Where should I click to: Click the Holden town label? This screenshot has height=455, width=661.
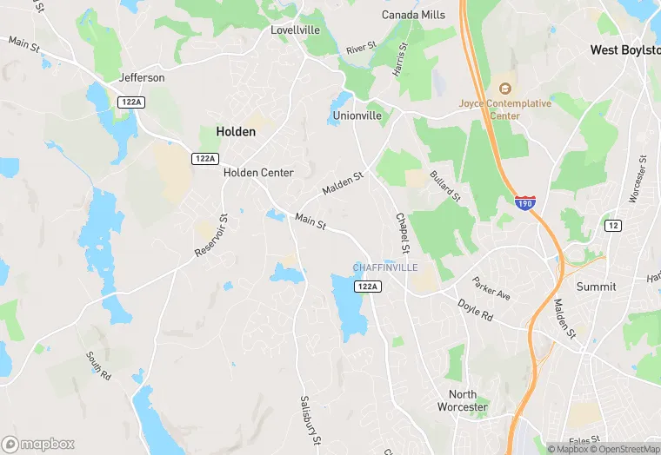(x=235, y=132)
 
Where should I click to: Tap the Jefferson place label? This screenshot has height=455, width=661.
(x=142, y=78)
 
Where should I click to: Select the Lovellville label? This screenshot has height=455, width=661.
(x=295, y=30)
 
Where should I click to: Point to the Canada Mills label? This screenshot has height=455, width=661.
(x=414, y=15)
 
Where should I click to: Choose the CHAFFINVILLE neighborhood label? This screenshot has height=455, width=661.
(x=386, y=267)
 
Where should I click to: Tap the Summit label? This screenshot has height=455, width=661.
(x=596, y=287)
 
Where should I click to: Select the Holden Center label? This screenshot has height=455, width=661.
(x=258, y=173)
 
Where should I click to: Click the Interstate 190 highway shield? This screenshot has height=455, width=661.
(x=524, y=203)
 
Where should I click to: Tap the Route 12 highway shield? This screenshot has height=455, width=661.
(x=614, y=226)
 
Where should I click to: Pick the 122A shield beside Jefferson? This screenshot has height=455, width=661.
(x=130, y=102)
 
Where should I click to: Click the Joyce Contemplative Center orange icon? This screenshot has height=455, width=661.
(x=504, y=89)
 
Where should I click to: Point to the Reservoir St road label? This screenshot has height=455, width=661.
(x=211, y=234)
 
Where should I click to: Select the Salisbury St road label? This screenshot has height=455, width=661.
(x=307, y=399)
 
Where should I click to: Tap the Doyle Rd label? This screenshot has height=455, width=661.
(x=477, y=312)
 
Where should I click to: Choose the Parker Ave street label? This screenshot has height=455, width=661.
(x=491, y=287)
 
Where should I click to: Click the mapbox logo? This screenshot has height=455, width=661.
(x=39, y=444)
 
